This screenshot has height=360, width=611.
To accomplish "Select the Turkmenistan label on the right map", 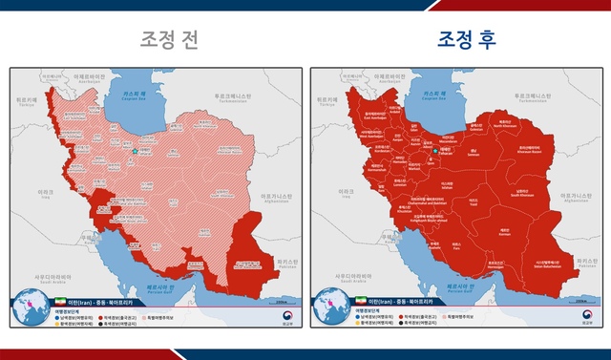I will pos(532,97).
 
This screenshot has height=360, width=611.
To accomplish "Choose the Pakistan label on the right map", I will pos(582,261).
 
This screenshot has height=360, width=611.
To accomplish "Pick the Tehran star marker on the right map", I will pos(435,151).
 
